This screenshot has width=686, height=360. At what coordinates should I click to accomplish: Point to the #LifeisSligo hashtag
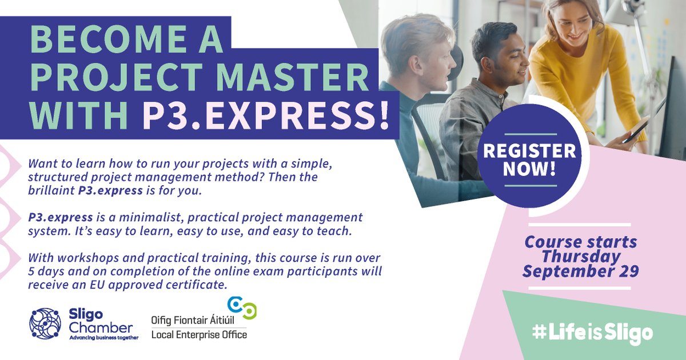[x=591, y=333]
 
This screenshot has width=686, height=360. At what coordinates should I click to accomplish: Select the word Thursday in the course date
[x=580, y=256]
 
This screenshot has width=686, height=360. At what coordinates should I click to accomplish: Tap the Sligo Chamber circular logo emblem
[x=45, y=324]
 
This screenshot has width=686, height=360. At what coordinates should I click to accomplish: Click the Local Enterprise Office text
[x=199, y=334]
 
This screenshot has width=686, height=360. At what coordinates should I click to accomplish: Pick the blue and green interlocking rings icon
[x=242, y=307]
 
